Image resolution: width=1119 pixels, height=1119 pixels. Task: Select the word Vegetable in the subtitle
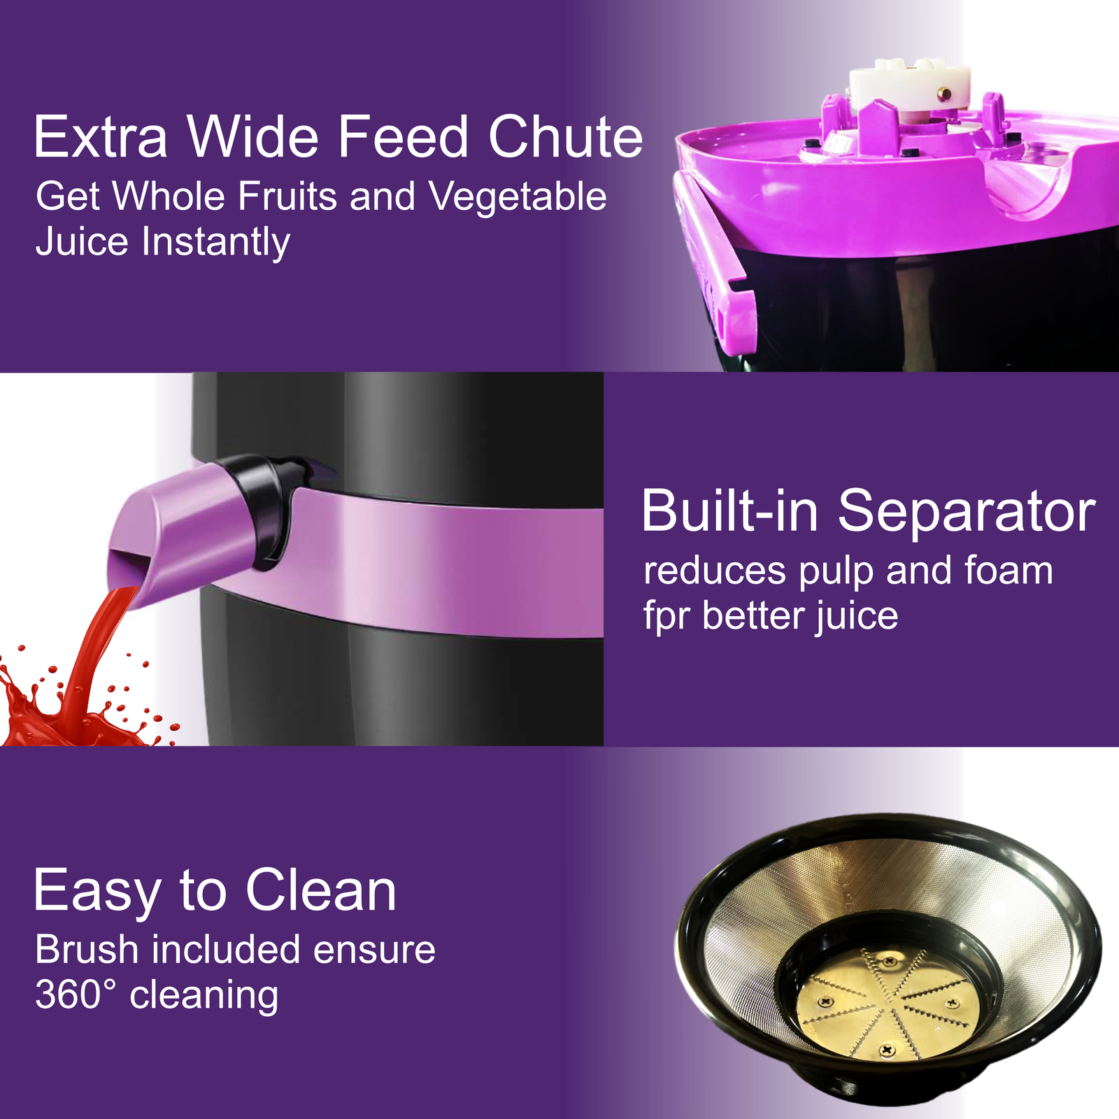[518, 196]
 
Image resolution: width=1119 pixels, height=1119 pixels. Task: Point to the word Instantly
[216, 243]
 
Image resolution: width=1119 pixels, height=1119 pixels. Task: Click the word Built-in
[729, 511]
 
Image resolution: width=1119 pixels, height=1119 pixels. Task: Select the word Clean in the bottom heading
[320, 890]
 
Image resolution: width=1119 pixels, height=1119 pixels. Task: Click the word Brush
[87, 949]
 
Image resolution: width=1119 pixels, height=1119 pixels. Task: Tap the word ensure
[374, 950]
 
